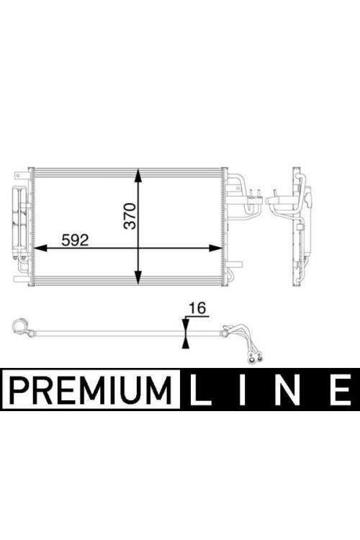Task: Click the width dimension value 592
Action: (x=75, y=240)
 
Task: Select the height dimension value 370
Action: (x=131, y=216)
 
